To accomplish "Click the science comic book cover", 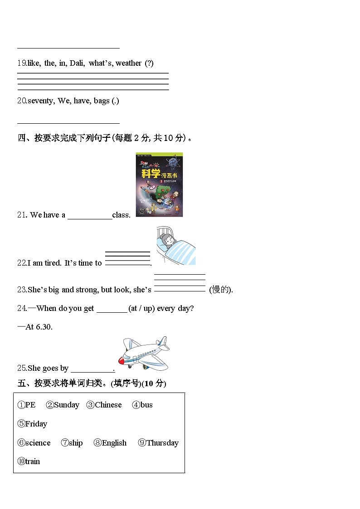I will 159,184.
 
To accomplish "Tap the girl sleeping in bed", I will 175,246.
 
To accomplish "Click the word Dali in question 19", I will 77,63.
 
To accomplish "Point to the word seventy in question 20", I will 41,101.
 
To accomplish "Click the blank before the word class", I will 90,215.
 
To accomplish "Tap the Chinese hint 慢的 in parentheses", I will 220,290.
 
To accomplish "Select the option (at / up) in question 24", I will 142,308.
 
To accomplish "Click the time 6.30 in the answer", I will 44,326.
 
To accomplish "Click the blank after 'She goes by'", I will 92,368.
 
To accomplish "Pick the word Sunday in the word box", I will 66,405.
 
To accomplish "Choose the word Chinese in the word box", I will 108,405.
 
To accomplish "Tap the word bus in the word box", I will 146,405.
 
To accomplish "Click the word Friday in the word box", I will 36,424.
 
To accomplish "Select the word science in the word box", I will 38,443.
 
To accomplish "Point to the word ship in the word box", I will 76,443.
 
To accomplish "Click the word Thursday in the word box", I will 162,443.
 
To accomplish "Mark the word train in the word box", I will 33,461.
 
